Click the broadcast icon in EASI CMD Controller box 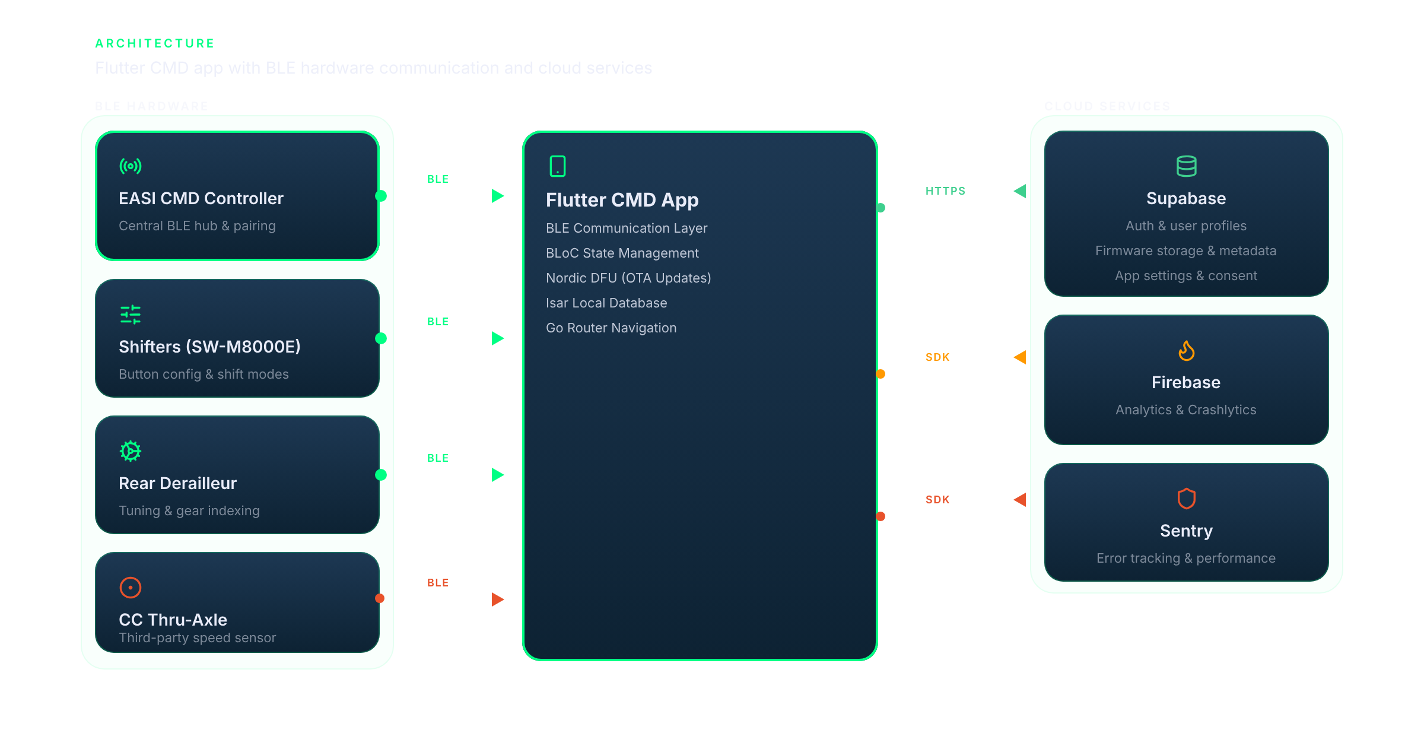131,166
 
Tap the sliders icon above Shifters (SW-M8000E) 131,315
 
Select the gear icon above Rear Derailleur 131,451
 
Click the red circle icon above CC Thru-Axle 131,588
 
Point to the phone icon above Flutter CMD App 558,166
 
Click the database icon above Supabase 1186,166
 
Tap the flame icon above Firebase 1186,351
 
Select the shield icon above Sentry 1186,499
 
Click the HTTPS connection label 945,191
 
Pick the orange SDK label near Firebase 937,357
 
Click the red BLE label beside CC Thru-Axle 438,583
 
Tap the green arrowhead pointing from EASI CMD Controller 498,196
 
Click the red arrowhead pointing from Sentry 1020,500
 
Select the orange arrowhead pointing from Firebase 1020,357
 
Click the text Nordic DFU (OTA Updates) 628,278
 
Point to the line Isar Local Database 606,303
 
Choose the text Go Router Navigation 611,328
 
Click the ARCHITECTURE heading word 155,43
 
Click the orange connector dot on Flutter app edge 881,374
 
